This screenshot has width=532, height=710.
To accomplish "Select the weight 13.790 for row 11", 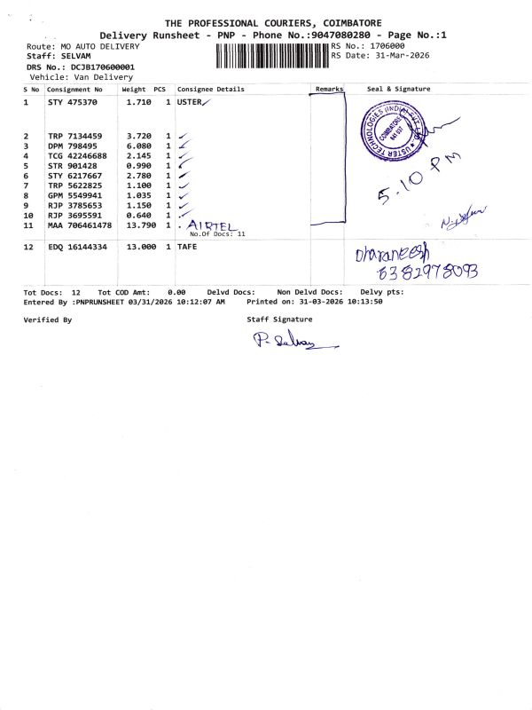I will pyautogui.click(x=137, y=226).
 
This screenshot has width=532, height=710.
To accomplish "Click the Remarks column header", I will pyautogui.click(x=329, y=90).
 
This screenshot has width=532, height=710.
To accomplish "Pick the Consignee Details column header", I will pyautogui.click(x=210, y=90).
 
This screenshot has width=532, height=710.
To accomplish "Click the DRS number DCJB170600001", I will pyautogui.click(x=101, y=67).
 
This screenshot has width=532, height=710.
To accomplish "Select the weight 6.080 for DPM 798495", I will pyautogui.click(x=137, y=146).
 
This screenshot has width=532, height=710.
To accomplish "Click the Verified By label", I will pyautogui.click(x=47, y=319).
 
